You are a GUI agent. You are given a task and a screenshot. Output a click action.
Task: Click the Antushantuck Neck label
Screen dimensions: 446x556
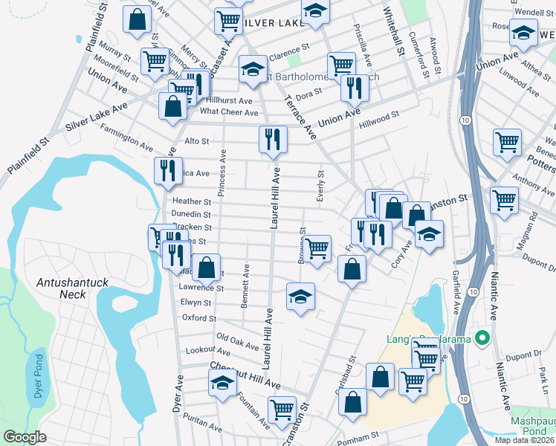71,288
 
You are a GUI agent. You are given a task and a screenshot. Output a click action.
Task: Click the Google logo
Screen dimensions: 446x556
25,438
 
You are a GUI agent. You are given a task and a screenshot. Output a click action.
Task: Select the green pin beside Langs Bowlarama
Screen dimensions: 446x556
482,339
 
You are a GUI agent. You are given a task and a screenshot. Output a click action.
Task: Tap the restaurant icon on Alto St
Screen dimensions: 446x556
273,139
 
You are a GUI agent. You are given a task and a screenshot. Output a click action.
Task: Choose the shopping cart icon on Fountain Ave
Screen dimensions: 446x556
282,410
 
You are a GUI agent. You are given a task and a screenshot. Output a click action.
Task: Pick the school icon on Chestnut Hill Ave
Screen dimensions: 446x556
222,383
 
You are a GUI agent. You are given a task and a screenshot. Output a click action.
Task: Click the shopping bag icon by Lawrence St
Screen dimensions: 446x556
207,266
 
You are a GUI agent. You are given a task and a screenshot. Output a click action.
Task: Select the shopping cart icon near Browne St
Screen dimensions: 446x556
317,248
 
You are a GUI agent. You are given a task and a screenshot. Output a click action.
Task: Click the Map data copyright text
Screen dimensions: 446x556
524,440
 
